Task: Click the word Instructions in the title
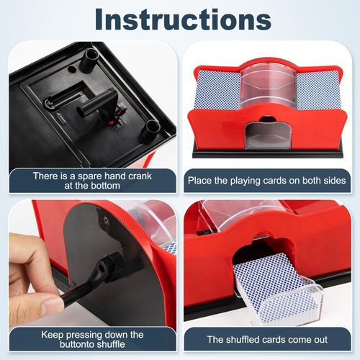tap(180, 19)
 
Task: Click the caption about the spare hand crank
tap(92, 181)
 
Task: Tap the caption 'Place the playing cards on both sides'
tap(266, 180)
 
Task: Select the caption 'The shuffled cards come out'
tap(266, 339)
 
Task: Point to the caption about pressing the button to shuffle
tap(92, 340)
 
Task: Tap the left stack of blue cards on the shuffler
tap(217, 89)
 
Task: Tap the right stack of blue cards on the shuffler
tap(318, 90)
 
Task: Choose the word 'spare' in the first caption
tap(89, 175)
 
